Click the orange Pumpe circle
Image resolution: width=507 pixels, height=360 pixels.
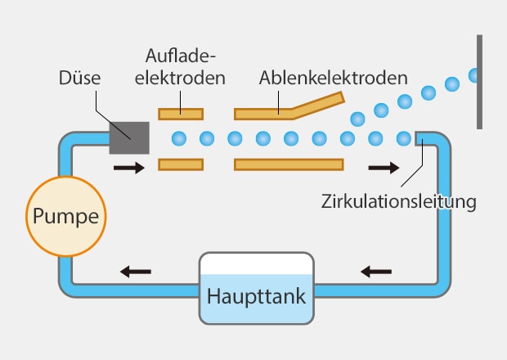[66, 216]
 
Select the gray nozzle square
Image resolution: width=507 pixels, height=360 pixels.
[129, 137]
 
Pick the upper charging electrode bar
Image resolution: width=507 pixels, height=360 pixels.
[181, 112]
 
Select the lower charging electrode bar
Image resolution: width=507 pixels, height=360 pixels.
[181, 164]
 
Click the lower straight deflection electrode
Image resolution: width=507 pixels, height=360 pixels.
[289, 164]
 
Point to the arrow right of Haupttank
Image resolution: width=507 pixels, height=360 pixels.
[376, 270]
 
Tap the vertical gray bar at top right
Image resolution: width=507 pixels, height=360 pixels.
[480, 82]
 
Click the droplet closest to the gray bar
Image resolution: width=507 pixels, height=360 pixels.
[474, 75]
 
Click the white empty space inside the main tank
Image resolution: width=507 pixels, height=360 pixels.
[256, 263]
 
